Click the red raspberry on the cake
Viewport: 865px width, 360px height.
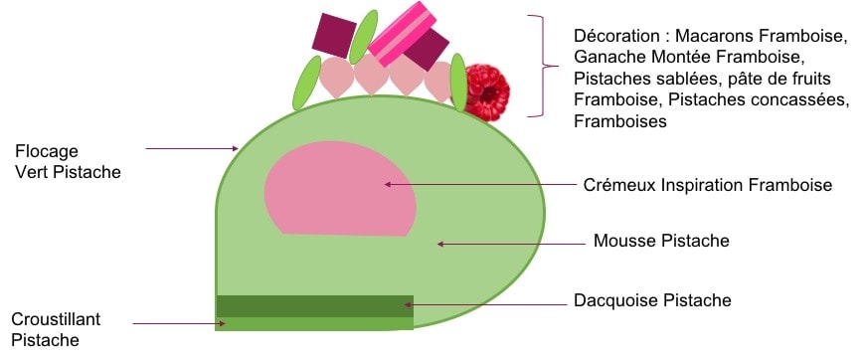coord(486,92)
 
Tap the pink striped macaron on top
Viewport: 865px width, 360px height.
coord(402,33)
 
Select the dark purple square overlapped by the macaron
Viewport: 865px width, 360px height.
coord(427,50)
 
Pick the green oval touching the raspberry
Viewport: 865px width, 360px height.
coord(458,83)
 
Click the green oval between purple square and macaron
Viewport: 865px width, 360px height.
coord(364,37)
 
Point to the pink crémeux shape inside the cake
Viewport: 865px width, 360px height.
coord(340,188)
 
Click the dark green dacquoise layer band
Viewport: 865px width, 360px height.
coord(314,306)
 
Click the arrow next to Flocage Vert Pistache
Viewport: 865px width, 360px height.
coord(192,148)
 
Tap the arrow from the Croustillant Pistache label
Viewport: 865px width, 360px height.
coord(179,323)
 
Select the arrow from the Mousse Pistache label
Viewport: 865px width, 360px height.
coord(511,244)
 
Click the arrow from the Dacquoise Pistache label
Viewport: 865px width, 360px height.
coord(485,304)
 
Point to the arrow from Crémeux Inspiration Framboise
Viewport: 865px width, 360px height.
coord(480,184)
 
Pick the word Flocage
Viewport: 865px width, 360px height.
coord(47,152)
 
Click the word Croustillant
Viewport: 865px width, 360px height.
coord(56,319)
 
